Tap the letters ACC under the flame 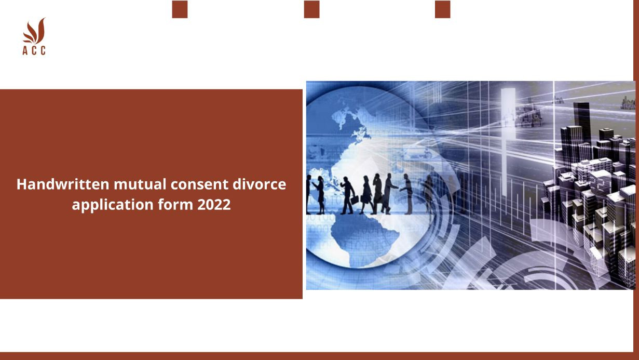click(34, 50)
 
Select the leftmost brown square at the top click(180, 9)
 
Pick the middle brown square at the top click(311, 9)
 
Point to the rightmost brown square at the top click(442, 9)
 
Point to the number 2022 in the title click(213, 205)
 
